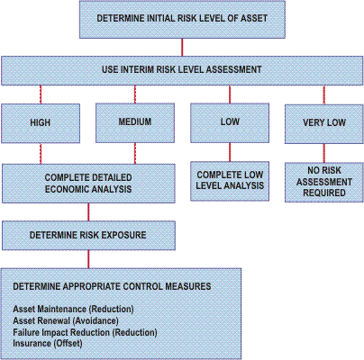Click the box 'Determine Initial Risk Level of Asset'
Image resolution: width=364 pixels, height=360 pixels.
(x=182, y=19)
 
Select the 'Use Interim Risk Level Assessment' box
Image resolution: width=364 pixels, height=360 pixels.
(x=182, y=70)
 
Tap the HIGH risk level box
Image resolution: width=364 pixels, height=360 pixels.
(x=41, y=123)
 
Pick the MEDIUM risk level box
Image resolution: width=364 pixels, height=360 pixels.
(x=135, y=122)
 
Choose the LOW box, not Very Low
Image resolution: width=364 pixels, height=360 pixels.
(x=230, y=122)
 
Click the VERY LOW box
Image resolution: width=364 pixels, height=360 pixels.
(x=324, y=124)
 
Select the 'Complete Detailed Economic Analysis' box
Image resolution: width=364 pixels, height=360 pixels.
(x=88, y=184)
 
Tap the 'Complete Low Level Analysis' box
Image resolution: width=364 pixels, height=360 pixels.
(x=230, y=181)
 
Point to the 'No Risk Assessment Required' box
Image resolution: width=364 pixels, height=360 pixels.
(x=324, y=182)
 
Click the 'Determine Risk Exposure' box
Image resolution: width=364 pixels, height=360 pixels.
(x=88, y=236)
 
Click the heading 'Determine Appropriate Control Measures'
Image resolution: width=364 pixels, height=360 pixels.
(x=112, y=286)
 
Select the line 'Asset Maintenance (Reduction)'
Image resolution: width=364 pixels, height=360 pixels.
(x=73, y=309)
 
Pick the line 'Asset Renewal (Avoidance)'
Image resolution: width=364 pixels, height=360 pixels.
(x=66, y=320)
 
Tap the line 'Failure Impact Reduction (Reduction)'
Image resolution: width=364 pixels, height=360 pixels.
(x=85, y=332)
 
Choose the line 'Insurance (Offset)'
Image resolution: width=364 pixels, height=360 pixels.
(x=48, y=344)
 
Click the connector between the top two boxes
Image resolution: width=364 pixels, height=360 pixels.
(x=182, y=48)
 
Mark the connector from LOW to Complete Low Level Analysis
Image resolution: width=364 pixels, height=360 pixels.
(x=230, y=152)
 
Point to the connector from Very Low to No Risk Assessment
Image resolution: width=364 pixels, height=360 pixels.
(x=324, y=153)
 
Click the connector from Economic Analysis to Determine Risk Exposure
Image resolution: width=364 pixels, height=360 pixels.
(x=88, y=212)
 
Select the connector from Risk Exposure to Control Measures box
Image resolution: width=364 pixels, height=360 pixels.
(x=88, y=259)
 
